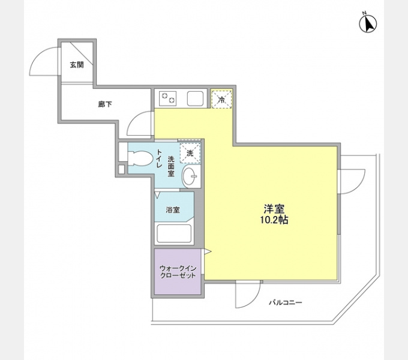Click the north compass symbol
pyautogui.click(x=368, y=23)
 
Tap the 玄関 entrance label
pyautogui.click(x=77, y=65)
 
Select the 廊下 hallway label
pyautogui.click(x=105, y=104)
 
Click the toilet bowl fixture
pyautogui.click(x=140, y=158)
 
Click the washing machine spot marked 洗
pyautogui.click(x=190, y=153)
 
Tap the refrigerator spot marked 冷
pyautogui.click(x=221, y=99)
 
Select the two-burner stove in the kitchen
pyautogui.click(x=165, y=98)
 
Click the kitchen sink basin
pyautogui.click(x=195, y=98)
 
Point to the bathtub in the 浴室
pyautogui.click(x=174, y=233)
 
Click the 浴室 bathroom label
pyautogui.click(x=173, y=210)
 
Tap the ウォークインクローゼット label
pyautogui.click(x=178, y=272)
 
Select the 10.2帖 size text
pyautogui.click(x=274, y=220)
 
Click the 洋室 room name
pyautogui.click(x=274, y=209)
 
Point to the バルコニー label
pyautogui.click(x=286, y=302)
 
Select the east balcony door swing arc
pyautogui.click(x=361, y=185)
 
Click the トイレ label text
pyautogui.click(x=159, y=158)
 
